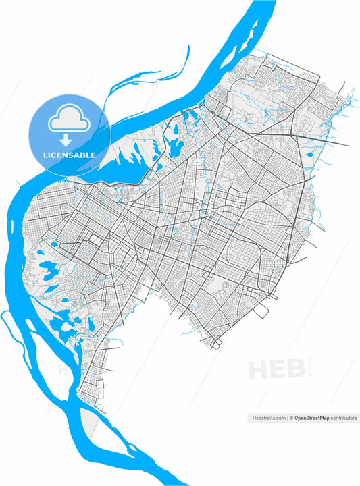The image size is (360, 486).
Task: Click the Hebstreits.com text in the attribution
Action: point(267,418)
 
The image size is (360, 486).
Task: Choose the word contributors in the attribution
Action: point(344,418)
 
